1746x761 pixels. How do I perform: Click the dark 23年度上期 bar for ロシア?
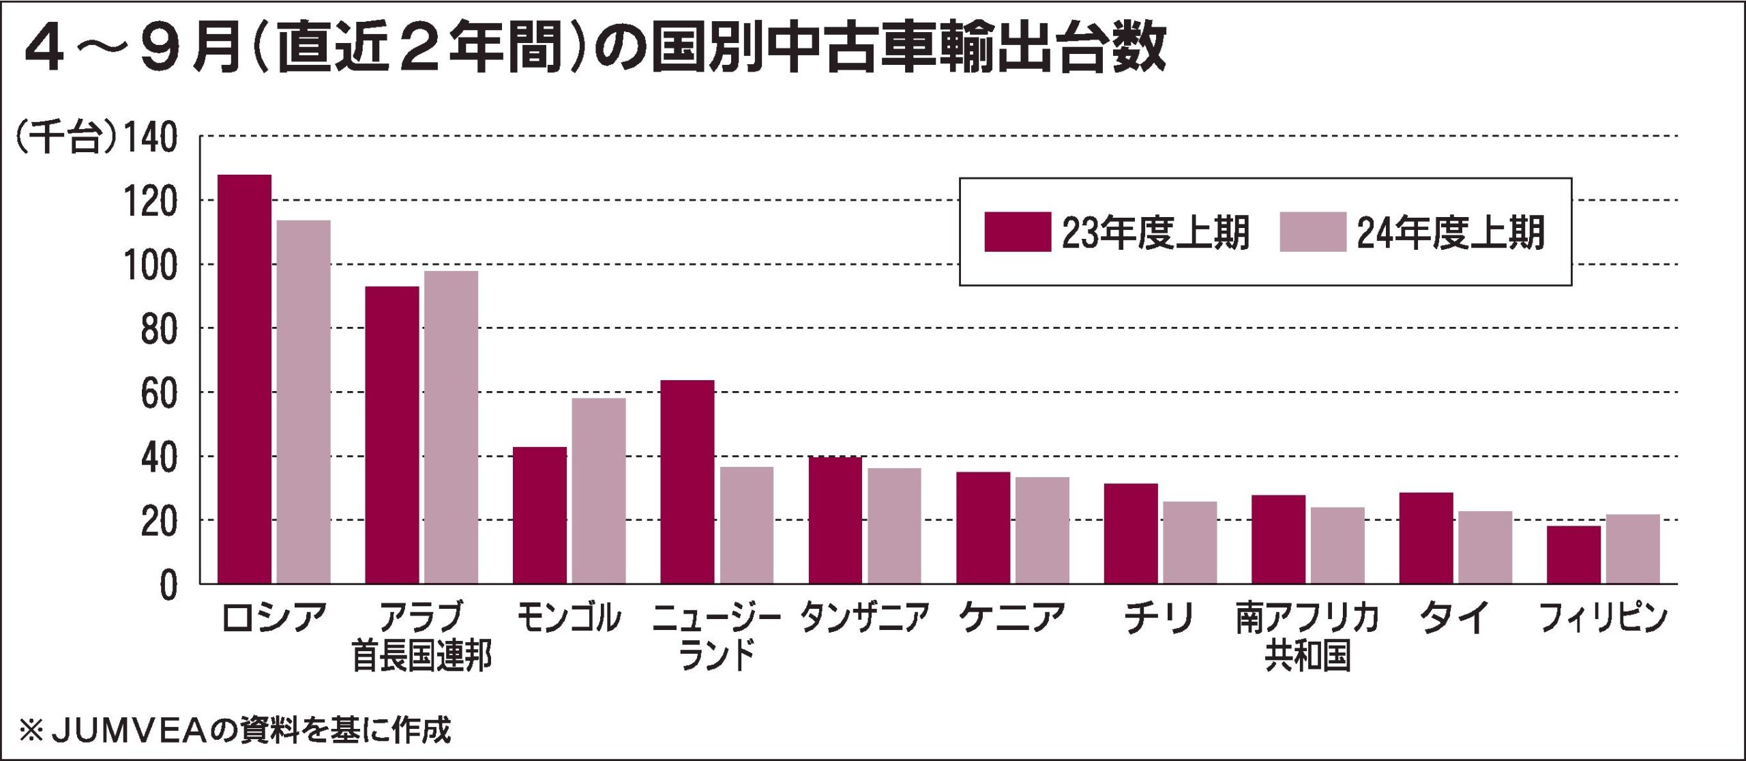click(244, 379)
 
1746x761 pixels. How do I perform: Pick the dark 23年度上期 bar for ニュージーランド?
click(687, 481)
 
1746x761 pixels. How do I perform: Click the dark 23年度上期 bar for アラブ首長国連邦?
click(392, 435)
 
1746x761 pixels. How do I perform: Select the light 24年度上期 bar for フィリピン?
click(1633, 549)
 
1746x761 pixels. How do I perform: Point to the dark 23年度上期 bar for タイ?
click(1426, 538)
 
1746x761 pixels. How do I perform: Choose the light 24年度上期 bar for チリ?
click(1190, 543)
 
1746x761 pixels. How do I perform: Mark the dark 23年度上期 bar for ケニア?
click(983, 528)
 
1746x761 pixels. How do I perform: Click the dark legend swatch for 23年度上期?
click(1018, 232)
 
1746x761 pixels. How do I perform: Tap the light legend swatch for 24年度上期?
click(1313, 232)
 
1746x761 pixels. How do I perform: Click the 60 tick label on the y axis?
click(160, 394)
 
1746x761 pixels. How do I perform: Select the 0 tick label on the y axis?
click(168, 586)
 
